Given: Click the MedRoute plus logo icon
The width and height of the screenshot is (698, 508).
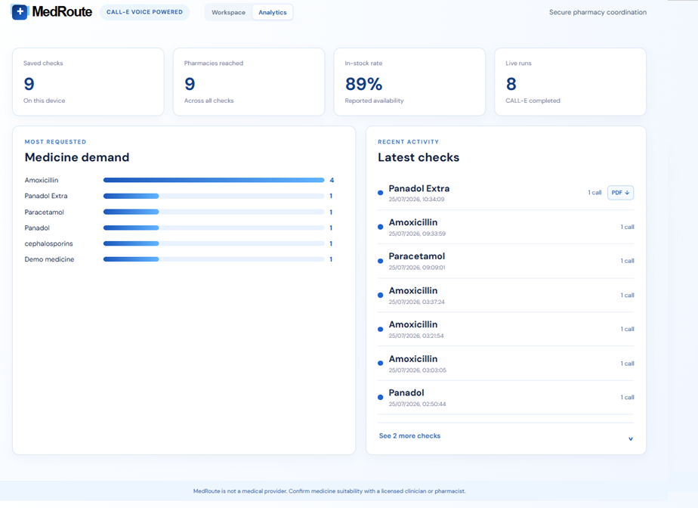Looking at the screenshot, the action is (20, 12).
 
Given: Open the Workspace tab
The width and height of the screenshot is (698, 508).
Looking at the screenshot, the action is (228, 13).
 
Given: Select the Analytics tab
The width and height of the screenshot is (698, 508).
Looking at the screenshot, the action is (273, 13).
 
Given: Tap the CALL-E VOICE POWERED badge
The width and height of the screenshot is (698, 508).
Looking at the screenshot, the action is (145, 12).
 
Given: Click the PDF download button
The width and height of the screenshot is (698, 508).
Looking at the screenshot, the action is (620, 193).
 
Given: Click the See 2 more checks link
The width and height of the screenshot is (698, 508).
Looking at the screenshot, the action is (409, 436).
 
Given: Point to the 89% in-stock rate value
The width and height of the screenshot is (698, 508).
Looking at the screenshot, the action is (363, 84).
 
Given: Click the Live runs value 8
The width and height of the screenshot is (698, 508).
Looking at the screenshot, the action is (511, 84).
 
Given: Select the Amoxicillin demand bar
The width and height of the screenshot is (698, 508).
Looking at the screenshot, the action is (214, 180).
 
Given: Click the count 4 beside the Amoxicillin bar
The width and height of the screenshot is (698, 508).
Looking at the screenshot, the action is (332, 180).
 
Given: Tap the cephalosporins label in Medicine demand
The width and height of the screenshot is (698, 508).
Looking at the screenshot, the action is (48, 243).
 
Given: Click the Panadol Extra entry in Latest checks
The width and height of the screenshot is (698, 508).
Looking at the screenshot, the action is (419, 188).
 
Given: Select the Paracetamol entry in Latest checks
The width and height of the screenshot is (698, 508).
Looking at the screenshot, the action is (417, 256).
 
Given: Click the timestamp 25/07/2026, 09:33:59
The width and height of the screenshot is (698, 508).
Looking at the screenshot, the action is (417, 234).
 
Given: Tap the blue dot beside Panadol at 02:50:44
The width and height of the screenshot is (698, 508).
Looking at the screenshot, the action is (380, 397).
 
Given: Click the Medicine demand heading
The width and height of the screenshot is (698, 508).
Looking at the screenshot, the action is (77, 157).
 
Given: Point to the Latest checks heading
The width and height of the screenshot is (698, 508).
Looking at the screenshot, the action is (418, 157).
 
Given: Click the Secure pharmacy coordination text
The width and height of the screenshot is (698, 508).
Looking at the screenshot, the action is (598, 13).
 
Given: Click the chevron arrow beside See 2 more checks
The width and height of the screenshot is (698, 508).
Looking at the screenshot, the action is (630, 439).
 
